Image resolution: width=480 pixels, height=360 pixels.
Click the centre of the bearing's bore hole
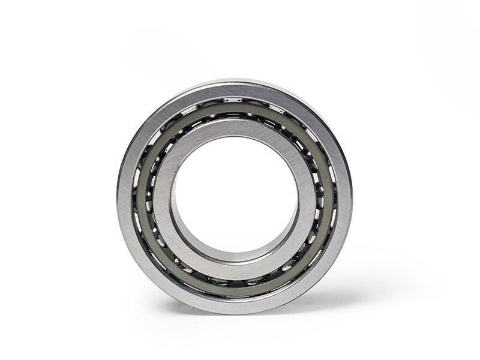pyautogui.click(x=235, y=193)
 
